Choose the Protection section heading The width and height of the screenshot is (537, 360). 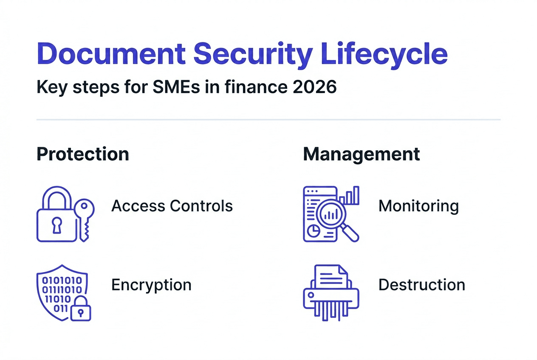pos(83,154)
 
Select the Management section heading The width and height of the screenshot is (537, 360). pos(362,154)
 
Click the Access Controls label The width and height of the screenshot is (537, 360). pos(172,206)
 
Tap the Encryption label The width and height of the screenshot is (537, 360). pos(151,284)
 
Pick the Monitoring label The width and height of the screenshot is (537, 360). pos(418,206)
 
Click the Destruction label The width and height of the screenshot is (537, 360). pos(421,284)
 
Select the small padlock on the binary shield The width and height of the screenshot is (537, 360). pos(80,311)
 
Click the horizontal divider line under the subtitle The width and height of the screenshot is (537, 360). pos(268,120)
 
